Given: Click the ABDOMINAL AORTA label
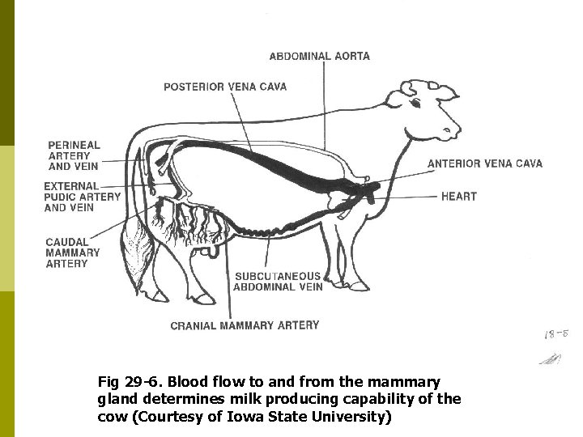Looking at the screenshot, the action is (x=319, y=57).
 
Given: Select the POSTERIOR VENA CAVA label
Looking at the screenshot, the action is (x=225, y=87).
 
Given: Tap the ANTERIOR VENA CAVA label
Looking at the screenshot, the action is (x=485, y=163).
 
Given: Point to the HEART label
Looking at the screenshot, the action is (x=459, y=196).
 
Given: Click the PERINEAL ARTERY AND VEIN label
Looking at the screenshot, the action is (x=74, y=155).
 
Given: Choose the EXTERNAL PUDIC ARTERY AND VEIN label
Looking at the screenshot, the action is (x=82, y=197).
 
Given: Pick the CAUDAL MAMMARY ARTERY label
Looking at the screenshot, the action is (x=73, y=252).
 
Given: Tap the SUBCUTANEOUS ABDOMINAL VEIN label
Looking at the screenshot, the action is (x=279, y=281).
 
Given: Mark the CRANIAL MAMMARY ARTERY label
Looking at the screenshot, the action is (x=245, y=325).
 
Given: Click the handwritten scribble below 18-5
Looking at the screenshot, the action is (x=554, y=358).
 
